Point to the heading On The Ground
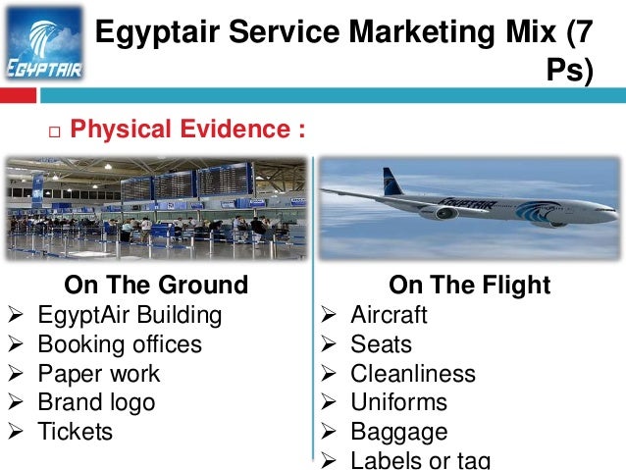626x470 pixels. click(x=156, y=286)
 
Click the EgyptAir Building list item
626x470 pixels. click(x=130, y=316)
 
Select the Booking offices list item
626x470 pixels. click(x=120, y=344)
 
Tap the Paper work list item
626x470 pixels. click(x=98, y=374)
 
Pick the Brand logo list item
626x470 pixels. click(x=96, y=402)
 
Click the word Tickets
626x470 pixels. click(x=76, y=432)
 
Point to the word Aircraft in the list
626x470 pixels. click(x=389, y=316)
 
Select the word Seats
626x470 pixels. click(x=381, y=344)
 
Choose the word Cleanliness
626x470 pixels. click(x=412, y=374)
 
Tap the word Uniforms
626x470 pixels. click(x=398, y=402)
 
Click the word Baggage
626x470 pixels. click(x=398, y=432)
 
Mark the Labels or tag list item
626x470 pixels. click(x=420, y=460)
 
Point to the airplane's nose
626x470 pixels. click(x=613, y=209)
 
